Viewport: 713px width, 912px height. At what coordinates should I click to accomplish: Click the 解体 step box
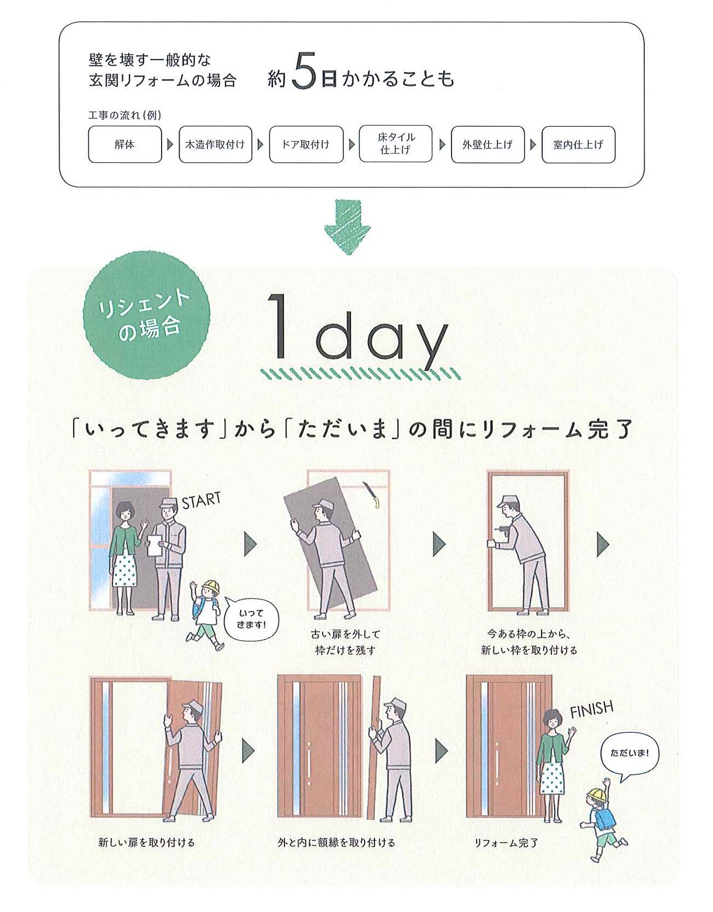click(x=125, y=145)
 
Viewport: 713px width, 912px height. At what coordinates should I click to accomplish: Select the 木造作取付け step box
click(x=215, y=145)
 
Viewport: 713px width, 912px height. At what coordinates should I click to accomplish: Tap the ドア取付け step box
click(x=306, y=145)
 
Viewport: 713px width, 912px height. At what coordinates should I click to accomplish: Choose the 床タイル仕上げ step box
click(x=396, y=144)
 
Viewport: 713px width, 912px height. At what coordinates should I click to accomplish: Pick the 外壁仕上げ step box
click(x=488, y=145)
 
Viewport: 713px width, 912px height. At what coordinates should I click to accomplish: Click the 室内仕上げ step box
click(x=578, y=145)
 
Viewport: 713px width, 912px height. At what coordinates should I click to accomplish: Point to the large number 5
click(x=304, y=72)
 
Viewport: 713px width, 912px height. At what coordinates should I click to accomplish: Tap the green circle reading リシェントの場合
click(x=146, y=315)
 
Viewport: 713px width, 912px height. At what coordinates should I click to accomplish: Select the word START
click(x=201, y=500)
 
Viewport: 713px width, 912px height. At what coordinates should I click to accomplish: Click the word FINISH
click(x=591, y=709)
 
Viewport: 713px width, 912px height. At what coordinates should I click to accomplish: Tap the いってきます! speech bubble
click(x=251, y=620)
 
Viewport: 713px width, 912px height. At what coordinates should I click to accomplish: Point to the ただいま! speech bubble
click(x=629, y=755)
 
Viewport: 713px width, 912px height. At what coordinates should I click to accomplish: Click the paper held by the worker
click(x=156, y=545)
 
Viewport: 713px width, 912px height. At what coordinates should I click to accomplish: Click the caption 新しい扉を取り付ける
click(x=146, y=842)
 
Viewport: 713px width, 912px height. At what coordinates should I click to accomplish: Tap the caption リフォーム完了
click(x=506, y=843)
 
